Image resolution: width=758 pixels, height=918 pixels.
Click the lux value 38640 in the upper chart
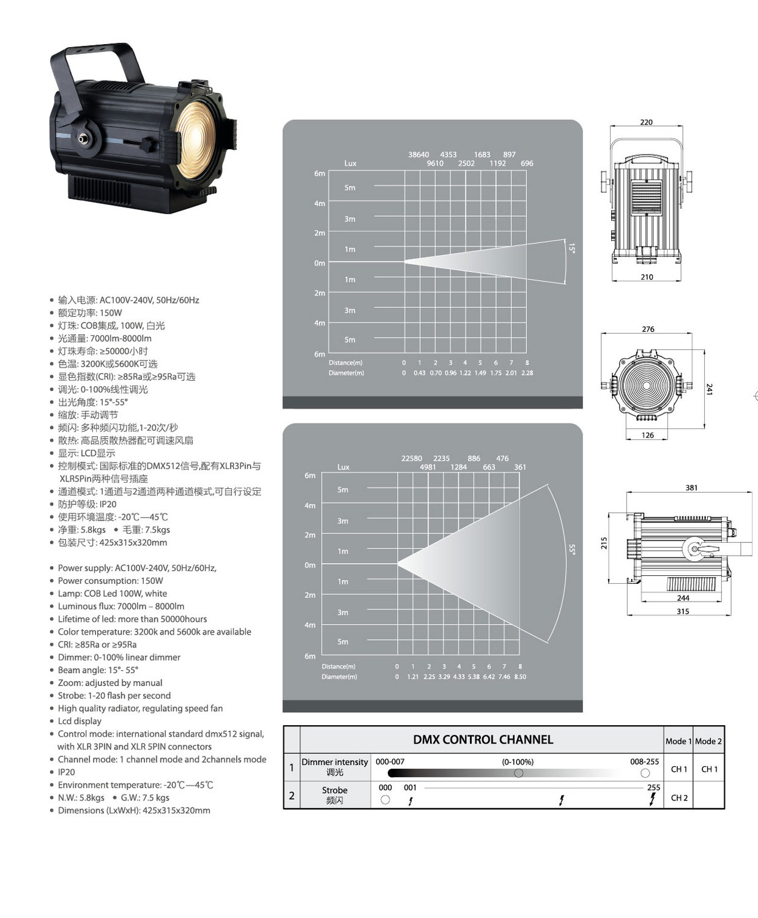[418, 155]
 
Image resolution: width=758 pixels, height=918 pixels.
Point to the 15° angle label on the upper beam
[571, 248]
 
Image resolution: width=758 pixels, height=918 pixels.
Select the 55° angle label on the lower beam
[572, 550]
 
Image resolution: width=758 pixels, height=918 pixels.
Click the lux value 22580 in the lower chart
[411, 458]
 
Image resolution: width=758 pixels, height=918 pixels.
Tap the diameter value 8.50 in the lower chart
[520, 677]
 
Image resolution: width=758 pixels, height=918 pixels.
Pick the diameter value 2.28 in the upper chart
[527, 373]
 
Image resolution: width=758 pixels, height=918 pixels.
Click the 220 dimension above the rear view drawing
[646, 122]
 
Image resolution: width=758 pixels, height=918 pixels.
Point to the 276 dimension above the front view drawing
[648, 329]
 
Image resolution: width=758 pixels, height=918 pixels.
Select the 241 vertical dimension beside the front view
[709, 389]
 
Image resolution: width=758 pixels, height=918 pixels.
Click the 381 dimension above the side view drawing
[691, 488]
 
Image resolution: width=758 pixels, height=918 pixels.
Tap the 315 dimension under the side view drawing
[683, 611]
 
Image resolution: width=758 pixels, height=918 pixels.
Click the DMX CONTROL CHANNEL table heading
[483, 739]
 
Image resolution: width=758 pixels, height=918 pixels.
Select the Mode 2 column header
[708, 741]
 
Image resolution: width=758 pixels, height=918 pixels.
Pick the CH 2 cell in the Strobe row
[679, 797]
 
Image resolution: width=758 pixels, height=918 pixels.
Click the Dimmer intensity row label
[335, 762]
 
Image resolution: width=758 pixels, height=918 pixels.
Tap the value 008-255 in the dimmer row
[644, 762]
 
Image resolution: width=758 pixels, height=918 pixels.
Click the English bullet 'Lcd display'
[80, 721]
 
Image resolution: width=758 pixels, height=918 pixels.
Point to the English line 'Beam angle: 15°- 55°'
[98, 670]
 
